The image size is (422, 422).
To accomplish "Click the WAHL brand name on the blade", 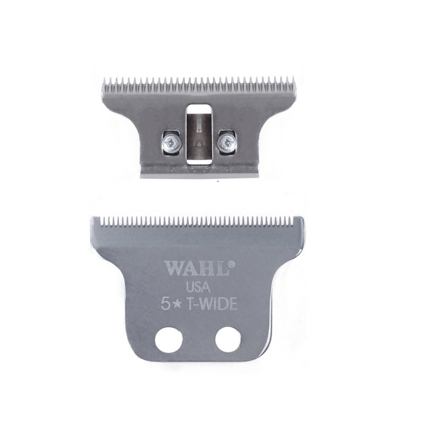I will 196,268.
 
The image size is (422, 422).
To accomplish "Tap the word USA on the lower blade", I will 198,287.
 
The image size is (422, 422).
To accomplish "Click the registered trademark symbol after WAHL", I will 230,262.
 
